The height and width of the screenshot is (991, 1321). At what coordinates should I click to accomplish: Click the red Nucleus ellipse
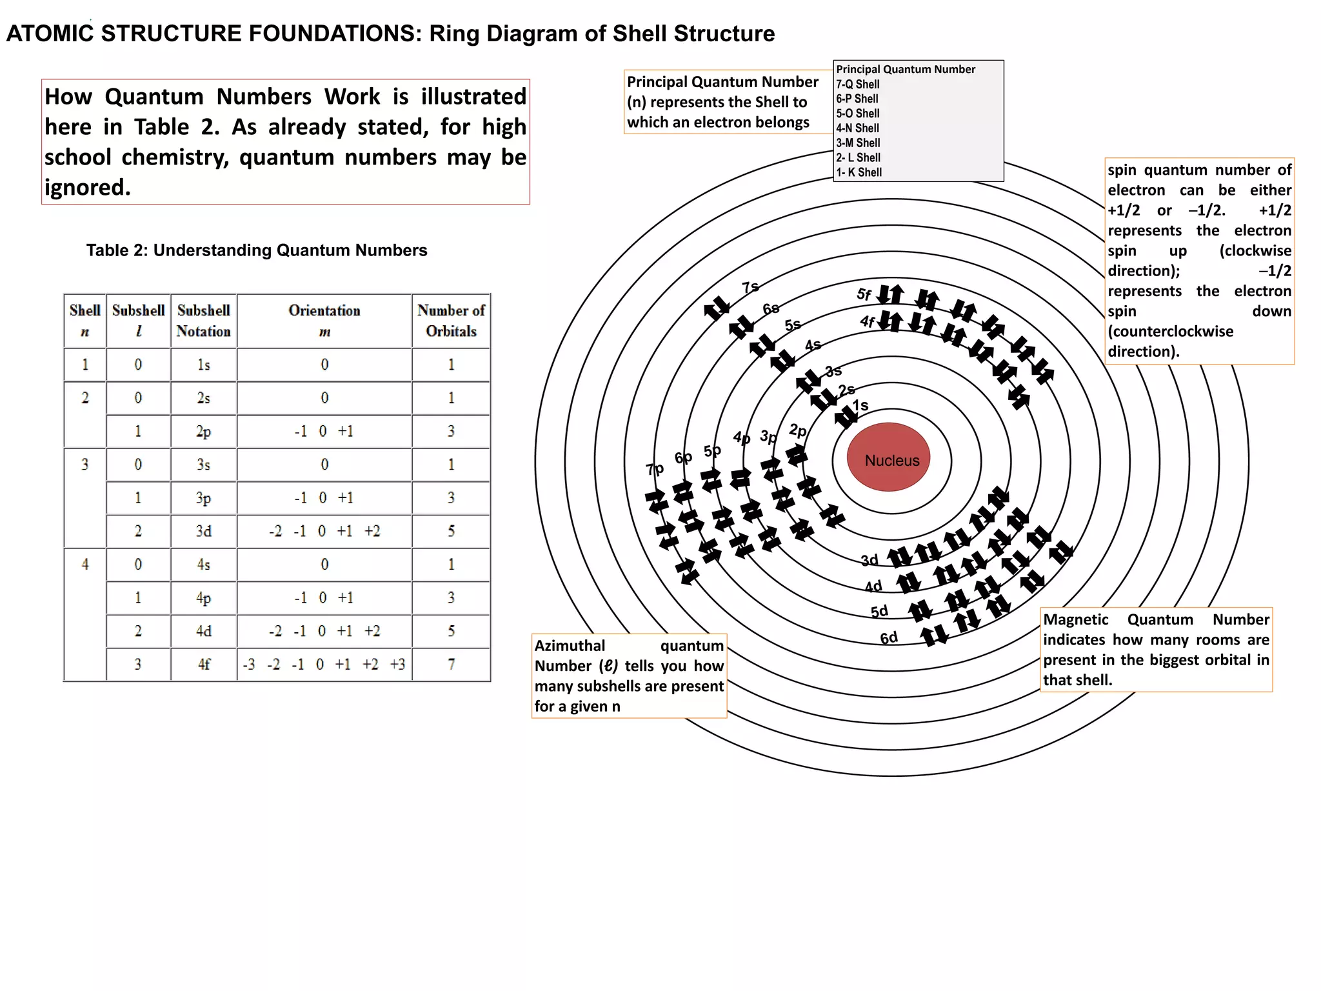[x=891, y=460]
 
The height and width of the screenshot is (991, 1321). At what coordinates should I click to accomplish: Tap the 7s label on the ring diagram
[x=750, y=287]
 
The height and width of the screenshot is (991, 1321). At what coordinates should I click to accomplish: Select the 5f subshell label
[x=864, y=294]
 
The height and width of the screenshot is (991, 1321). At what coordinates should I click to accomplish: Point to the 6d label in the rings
[x=889, y=638]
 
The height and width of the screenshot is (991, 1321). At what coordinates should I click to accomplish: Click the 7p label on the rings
[x=655, y=469]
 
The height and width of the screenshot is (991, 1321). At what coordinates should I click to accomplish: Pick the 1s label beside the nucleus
[x=860, y=405]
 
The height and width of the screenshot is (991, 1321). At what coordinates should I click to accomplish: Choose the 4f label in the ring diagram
[x=868, y=321]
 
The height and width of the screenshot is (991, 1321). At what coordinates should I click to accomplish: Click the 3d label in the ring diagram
[x=869, y=560]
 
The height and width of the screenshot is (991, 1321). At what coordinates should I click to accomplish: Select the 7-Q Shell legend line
[x=858, y=84]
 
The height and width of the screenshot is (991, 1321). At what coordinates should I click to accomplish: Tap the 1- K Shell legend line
[x=859, y=172]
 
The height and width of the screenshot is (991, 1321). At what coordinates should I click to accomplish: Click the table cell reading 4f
[x=203, y=664]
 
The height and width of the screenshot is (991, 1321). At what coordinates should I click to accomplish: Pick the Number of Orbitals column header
[x=451, y=321]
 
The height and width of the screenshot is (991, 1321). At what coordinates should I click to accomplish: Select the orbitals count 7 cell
[x=451, y=664]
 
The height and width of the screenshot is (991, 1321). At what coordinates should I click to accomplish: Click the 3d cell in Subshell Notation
[x=203, y=531]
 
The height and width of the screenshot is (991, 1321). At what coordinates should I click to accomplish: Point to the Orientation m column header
[x=324, y=321]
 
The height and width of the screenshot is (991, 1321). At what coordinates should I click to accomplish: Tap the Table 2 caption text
[x=257, y=250]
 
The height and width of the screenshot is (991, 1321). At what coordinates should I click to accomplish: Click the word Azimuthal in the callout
[x=570, y=646]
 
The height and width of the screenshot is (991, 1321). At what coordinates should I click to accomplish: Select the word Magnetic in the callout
[x=1076, y=619]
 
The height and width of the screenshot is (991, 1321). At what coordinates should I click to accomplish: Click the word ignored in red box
[x=87, y=188]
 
